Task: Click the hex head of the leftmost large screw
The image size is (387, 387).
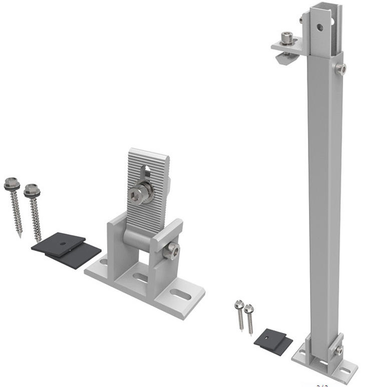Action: point(12,184)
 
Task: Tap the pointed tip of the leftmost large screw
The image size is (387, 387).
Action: point(20,235)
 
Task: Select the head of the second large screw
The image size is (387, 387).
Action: point(32,190)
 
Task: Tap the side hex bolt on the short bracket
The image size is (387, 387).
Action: point(171,250)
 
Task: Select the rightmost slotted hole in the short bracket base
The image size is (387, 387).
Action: point(181,294)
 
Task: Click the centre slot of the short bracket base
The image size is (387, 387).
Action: point(141,277)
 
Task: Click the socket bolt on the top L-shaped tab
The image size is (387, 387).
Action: point(287,38)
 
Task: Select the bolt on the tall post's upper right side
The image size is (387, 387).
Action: point(341,69)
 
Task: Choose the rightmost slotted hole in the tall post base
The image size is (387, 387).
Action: point(344,372)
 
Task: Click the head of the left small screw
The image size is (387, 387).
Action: point(238,304)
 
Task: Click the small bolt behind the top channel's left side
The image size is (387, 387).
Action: point(301,20)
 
